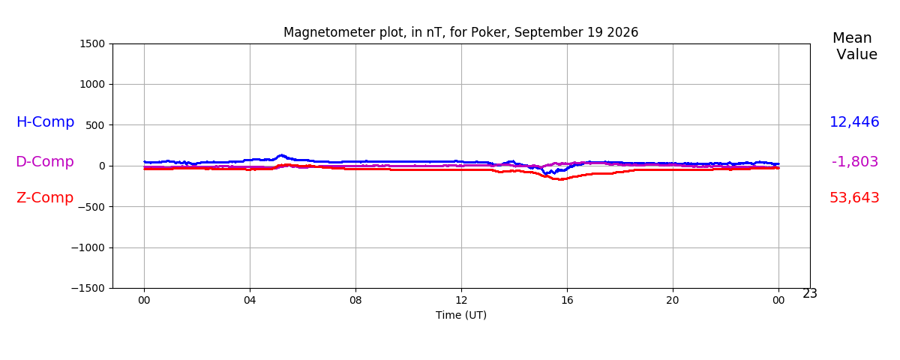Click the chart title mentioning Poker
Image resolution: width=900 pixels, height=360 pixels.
(x=460, y=32)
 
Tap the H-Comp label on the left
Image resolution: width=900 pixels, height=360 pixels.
(x=46, y=121)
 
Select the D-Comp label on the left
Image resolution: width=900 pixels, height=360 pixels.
(x=45, y=161)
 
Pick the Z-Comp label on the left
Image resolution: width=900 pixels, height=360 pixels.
(x=45, y=198)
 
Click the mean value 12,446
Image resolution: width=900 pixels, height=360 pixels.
(x=854, y=121)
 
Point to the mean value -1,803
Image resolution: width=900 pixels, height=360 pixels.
(x=854, y=161)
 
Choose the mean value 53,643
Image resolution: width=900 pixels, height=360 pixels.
(x=854, y=198)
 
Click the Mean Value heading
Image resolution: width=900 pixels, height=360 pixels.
(x=854, y=46)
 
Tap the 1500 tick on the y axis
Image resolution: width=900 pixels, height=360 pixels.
(x=92, y=43)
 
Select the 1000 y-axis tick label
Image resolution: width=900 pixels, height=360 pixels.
(x=92, y=84)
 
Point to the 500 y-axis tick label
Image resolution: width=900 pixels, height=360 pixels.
(x=94, y=125)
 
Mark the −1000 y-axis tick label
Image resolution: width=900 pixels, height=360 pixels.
(x=88, y=248)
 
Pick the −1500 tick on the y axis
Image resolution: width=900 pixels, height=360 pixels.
(x=88, y=289)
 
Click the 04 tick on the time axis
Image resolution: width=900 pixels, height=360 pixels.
(x=250, y=301)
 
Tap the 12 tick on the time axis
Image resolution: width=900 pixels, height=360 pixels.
(x=461, y=301)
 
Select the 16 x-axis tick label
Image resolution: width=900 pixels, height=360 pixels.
(x=567, y=301)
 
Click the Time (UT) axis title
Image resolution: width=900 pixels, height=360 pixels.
(x=461, y=316)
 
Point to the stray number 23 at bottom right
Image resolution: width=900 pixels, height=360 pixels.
(x=810, y=294)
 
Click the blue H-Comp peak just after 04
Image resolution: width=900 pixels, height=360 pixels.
(x=282, y=155)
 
